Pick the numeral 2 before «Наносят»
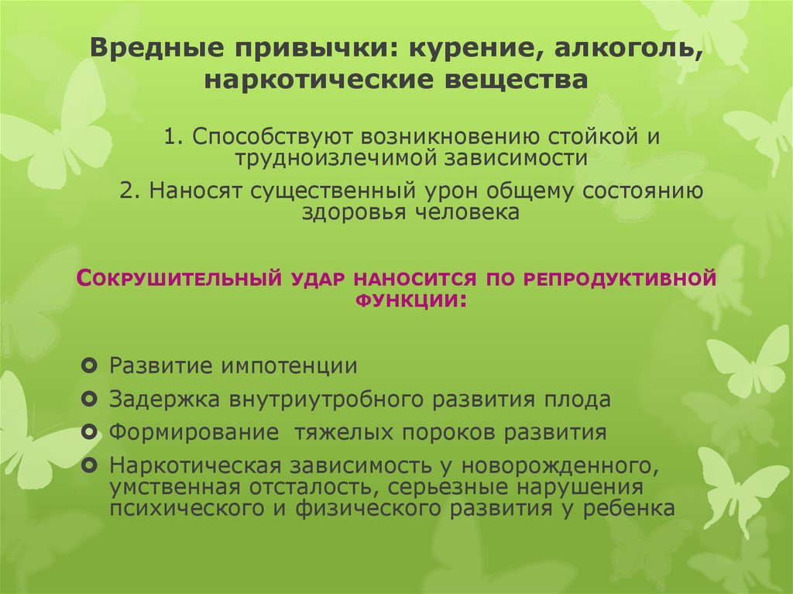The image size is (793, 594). click(x=127, y=191)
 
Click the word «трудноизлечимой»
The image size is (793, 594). click(x=335, y=158)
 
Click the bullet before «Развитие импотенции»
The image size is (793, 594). click(x=90, y=364)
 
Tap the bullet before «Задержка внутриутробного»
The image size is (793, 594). click(x=90, y=398)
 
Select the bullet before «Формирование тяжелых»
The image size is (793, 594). click(x=90, y=431)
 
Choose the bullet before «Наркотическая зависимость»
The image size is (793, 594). click(x=90, y=465)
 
